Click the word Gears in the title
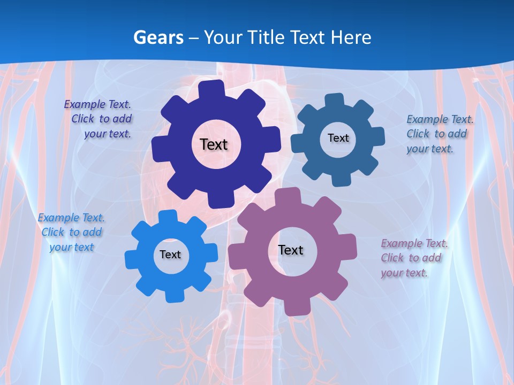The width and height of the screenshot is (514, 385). (158, 37)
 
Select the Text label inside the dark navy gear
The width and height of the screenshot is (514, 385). (214, 144)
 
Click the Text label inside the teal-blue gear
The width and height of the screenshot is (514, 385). (338, 138)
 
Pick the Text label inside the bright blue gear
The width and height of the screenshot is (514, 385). (170, 255)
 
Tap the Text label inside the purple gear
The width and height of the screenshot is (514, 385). (291, 250)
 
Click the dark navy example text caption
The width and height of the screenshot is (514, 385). (100, 119)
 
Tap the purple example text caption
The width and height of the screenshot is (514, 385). (413, 258)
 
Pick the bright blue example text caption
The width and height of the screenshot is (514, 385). (71, 232)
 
